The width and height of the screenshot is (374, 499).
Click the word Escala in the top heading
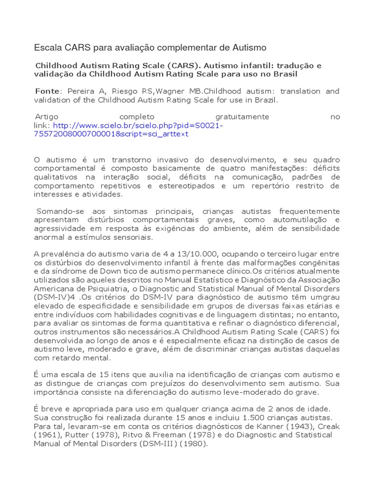click(x=46, y=48)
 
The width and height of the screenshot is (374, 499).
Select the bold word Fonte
click(x=48, y=91)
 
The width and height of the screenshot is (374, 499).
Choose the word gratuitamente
click(x=242, y=117)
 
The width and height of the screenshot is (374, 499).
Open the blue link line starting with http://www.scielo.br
click(x=136, y=125)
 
